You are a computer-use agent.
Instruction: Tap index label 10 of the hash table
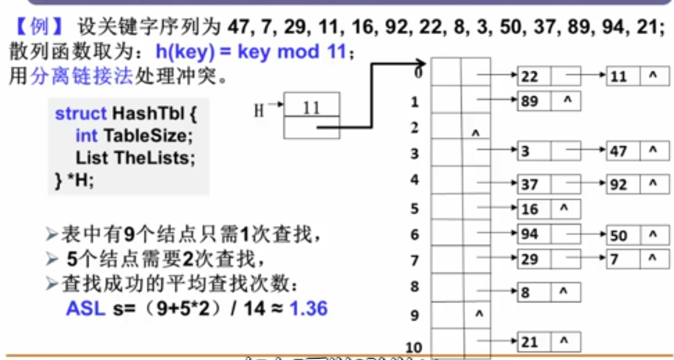tap(414, 348)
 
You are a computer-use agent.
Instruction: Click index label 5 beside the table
tap(415, 208)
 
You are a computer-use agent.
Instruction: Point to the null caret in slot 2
tap(475, 133)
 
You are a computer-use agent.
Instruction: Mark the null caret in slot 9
tap(478, 313)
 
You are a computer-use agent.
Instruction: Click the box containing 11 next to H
tap(311, 107)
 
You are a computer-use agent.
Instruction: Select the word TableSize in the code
tap(144, 136)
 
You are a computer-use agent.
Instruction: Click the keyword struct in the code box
tap(81, 113)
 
